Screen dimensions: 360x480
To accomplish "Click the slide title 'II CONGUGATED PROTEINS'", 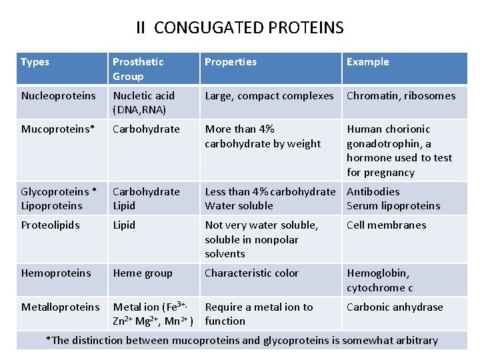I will click(x=240, y=28).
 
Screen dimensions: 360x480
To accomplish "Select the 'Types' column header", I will click(x=35, y=62).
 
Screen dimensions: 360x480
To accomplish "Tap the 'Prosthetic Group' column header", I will click(x=138, y=69).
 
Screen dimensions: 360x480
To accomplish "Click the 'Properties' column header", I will click(x=230, y=62).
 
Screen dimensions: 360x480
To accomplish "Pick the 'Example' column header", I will click(x=367, y=62).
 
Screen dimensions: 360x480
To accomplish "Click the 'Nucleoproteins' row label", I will click(x=59, y=96).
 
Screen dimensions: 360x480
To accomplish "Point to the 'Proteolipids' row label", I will click(x=51, y=225).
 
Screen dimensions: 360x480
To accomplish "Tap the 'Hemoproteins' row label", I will click(x=56, y=273).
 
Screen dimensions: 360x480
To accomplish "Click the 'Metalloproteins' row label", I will click(x=60, y=307).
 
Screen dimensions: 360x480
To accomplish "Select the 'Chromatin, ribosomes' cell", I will click(x=401, y=96).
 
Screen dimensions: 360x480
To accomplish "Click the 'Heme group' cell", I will click(x=143, y=273).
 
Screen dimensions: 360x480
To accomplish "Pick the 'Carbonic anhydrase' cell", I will click(x=395, y=307).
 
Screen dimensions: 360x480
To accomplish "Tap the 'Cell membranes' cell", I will click(x=386, y=225).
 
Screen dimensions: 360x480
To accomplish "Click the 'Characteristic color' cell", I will click(x=251, y=273).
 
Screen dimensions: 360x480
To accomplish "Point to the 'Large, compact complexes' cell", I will click(x=269, y=96).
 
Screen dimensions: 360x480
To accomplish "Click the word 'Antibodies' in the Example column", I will click(x=373, y=192).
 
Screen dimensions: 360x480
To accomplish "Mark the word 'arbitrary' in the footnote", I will click(x=415, y=341).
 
